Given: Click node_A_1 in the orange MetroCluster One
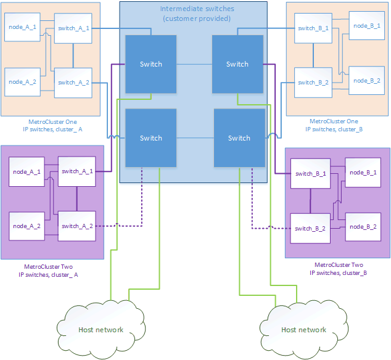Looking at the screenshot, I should click(x=23, y=28).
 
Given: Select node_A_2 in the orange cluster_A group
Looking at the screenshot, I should click(x=23, y=81).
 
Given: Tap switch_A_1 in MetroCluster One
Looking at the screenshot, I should click(x=73, y=28).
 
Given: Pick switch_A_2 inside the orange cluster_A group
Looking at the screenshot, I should click(x=73, y=82).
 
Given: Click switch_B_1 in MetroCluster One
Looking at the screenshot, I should click(x=313, y=28).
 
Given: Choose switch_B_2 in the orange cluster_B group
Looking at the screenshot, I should click(x=313, y=82).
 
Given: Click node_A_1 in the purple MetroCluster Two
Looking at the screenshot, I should click(x=27, y=172).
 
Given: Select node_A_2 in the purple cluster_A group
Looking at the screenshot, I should click(x=27, y=226).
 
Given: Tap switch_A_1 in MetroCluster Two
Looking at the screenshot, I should click(x=77, y=171).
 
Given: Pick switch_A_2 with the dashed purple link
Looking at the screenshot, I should click(x=77, y=226).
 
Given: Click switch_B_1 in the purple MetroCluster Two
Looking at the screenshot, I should click(x=310, y=174).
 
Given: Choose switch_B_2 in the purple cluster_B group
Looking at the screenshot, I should click(x=310, y=228).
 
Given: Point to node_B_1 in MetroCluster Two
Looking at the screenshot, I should click(x=362, y=173).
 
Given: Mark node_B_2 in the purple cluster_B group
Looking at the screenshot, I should click(x=362, y=227).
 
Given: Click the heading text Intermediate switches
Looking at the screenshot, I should click(x=192, y=9).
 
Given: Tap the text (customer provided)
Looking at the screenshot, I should click(x=192, y=19).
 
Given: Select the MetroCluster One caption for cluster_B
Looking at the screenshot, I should click(x=334, y=126).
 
